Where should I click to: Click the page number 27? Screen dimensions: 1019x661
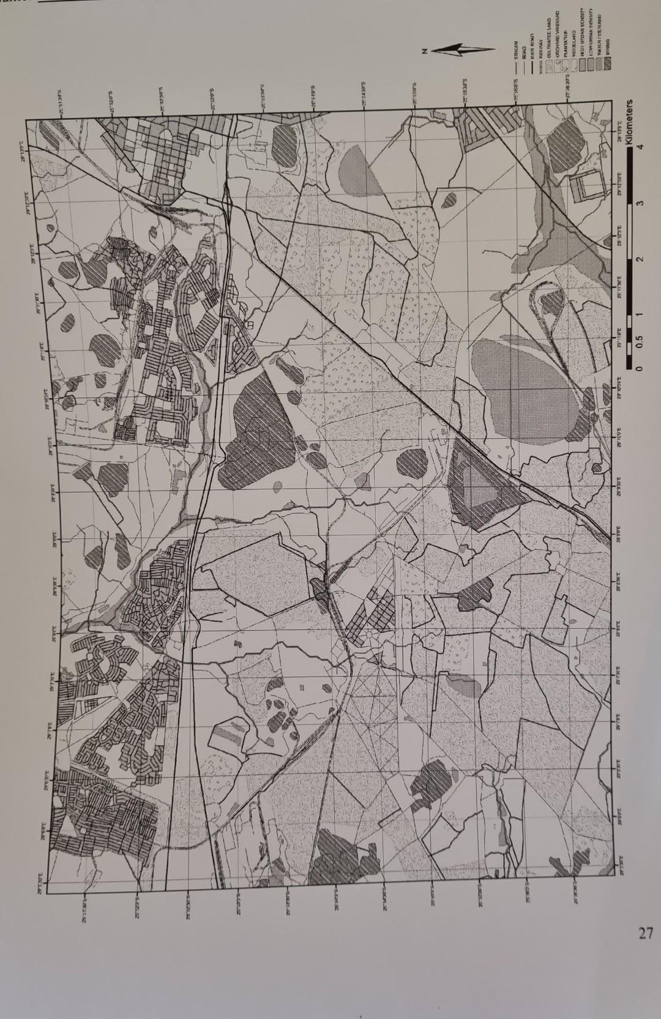click(643, 934)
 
